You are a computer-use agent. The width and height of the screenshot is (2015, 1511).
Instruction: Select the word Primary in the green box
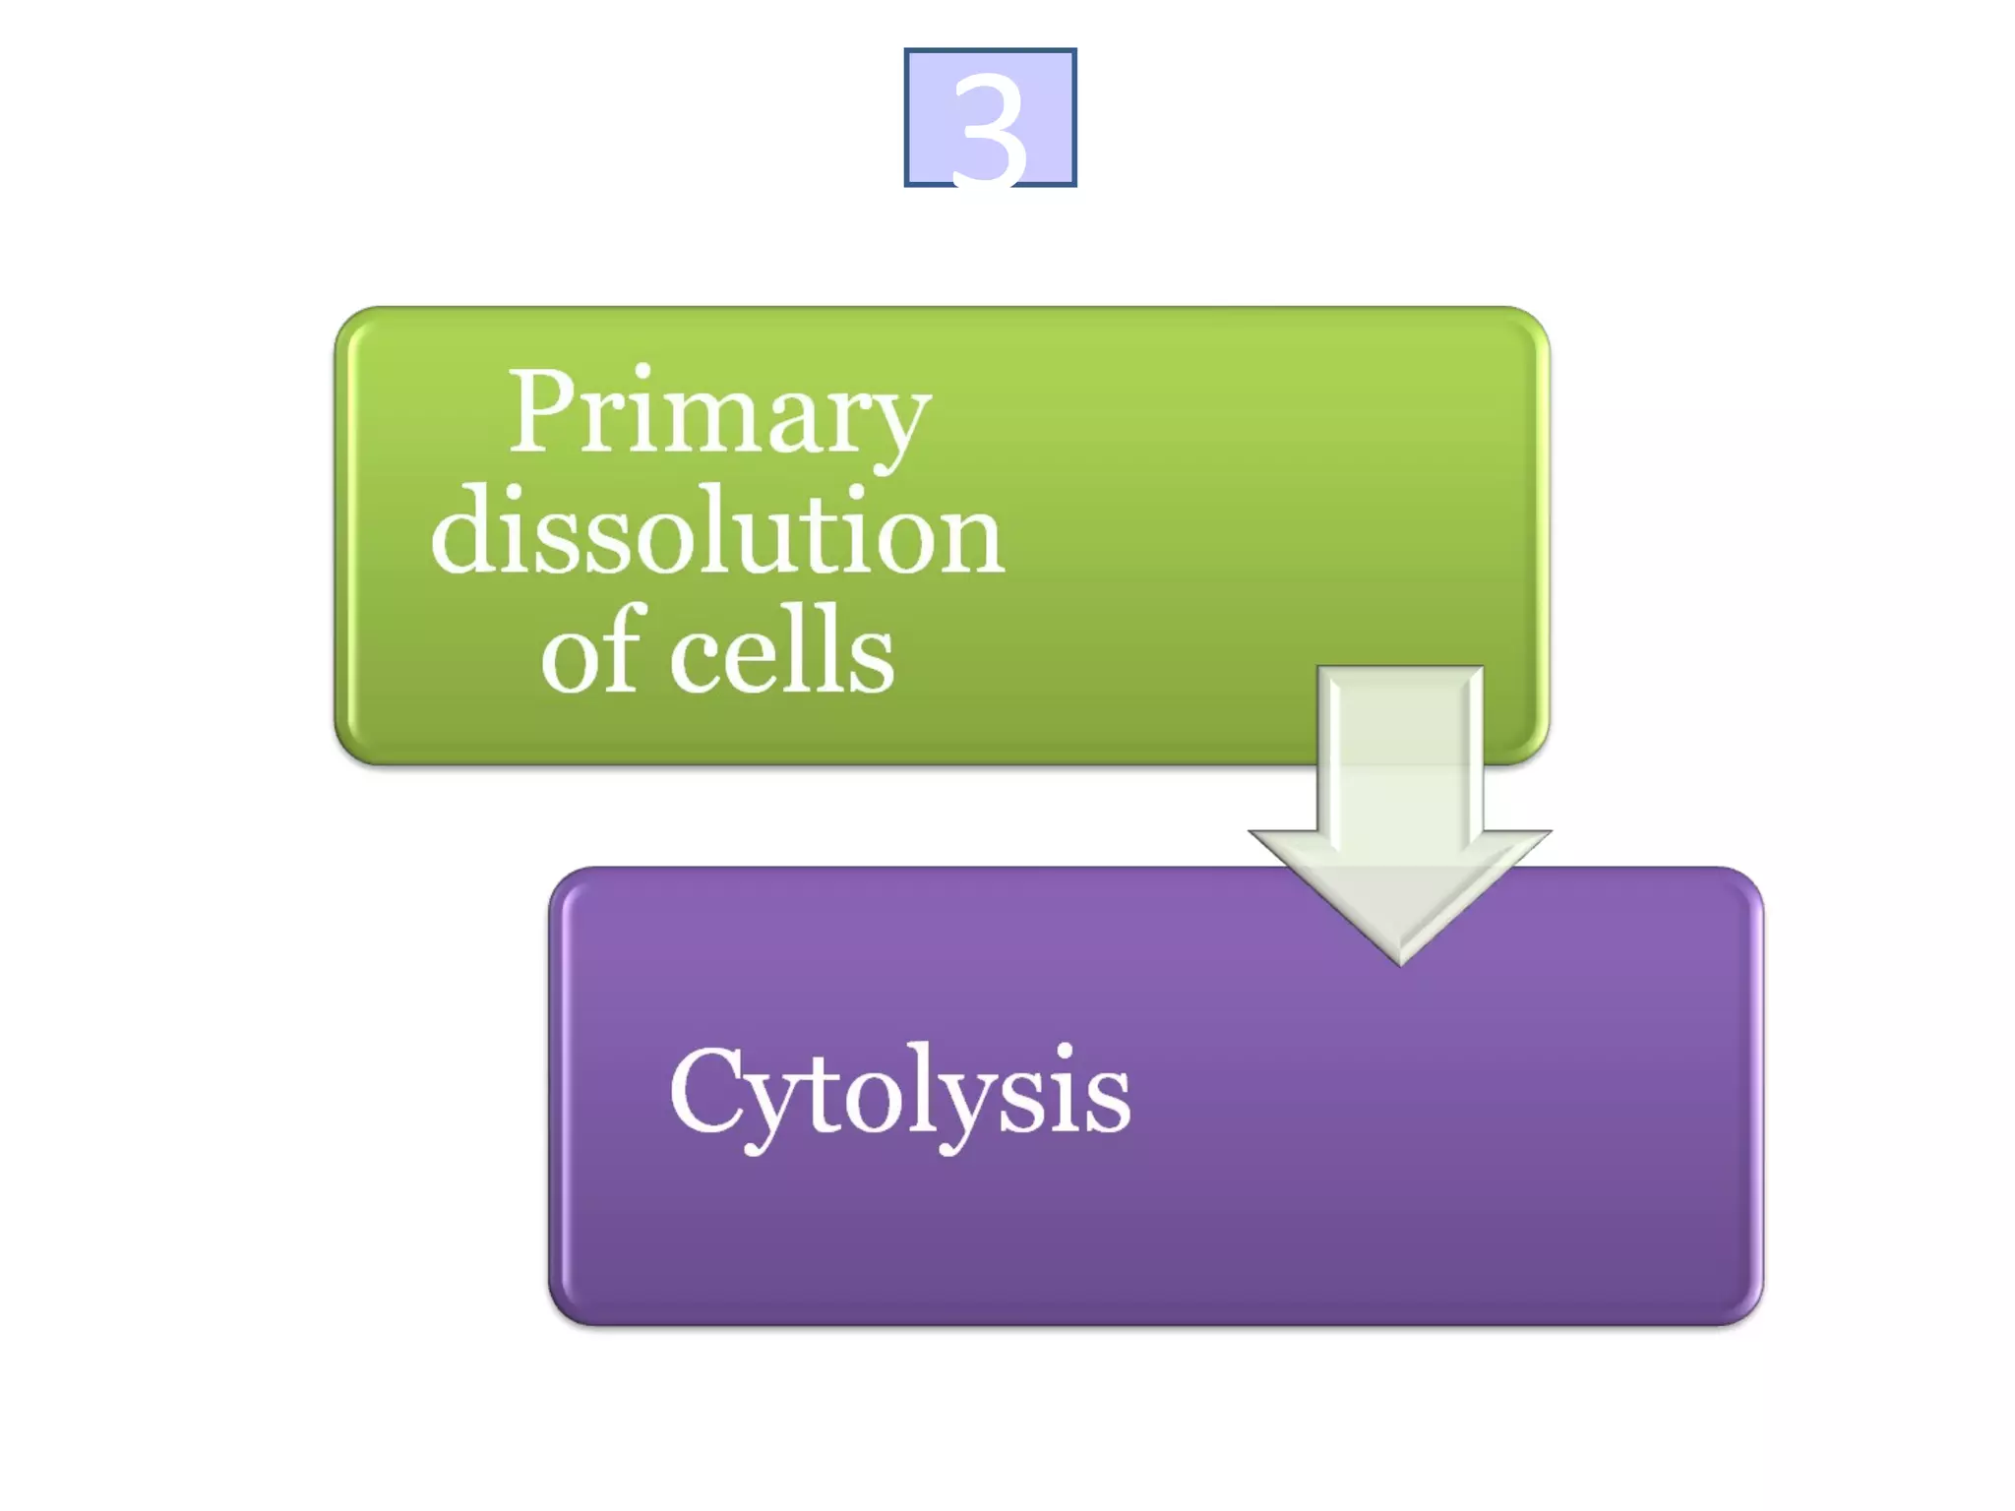pyautogui.click(x=718, y=413)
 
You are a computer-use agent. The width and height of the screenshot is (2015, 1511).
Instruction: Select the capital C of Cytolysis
pyautogui.click(x=704, y=1090)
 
